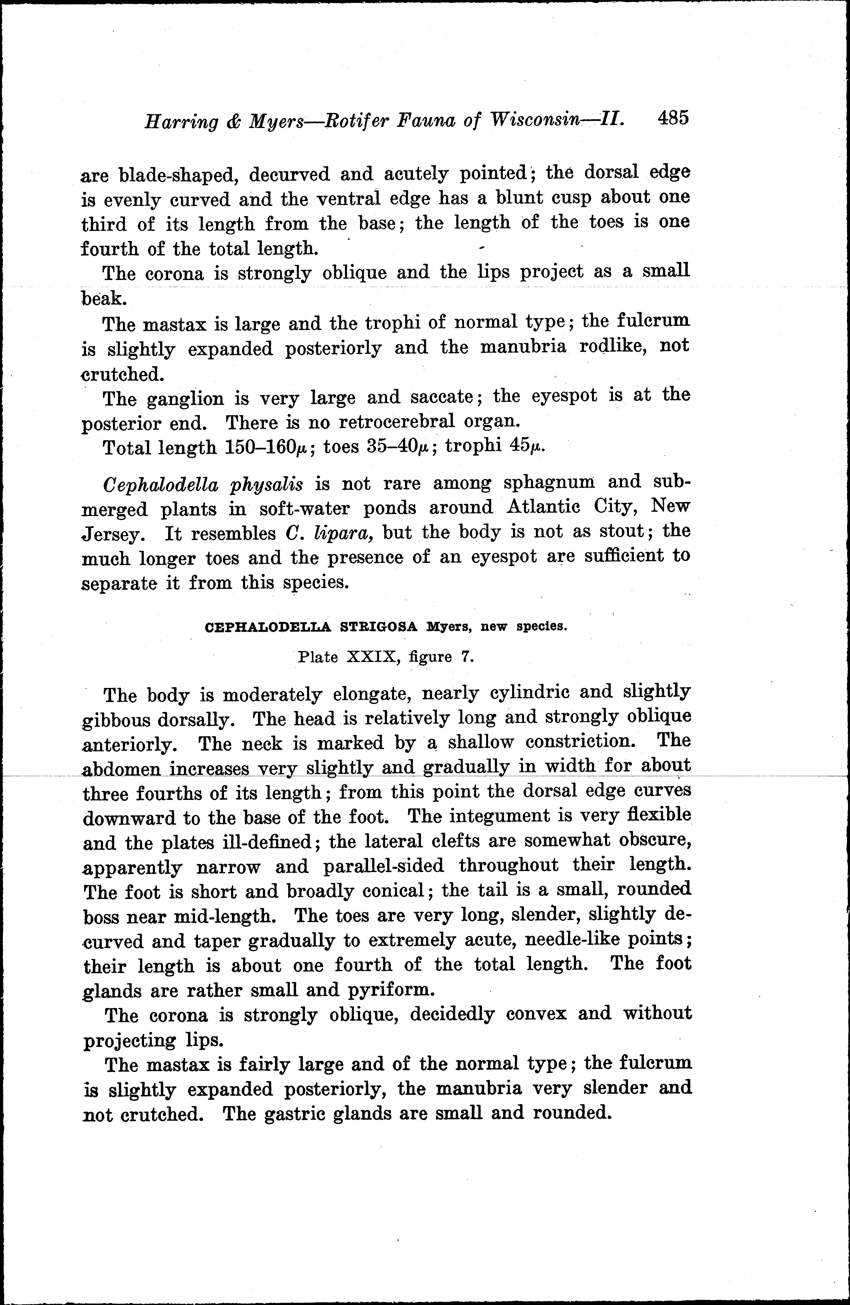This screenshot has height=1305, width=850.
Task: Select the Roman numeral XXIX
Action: pos(373,657)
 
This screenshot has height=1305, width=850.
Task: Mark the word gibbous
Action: pos(114,719)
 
